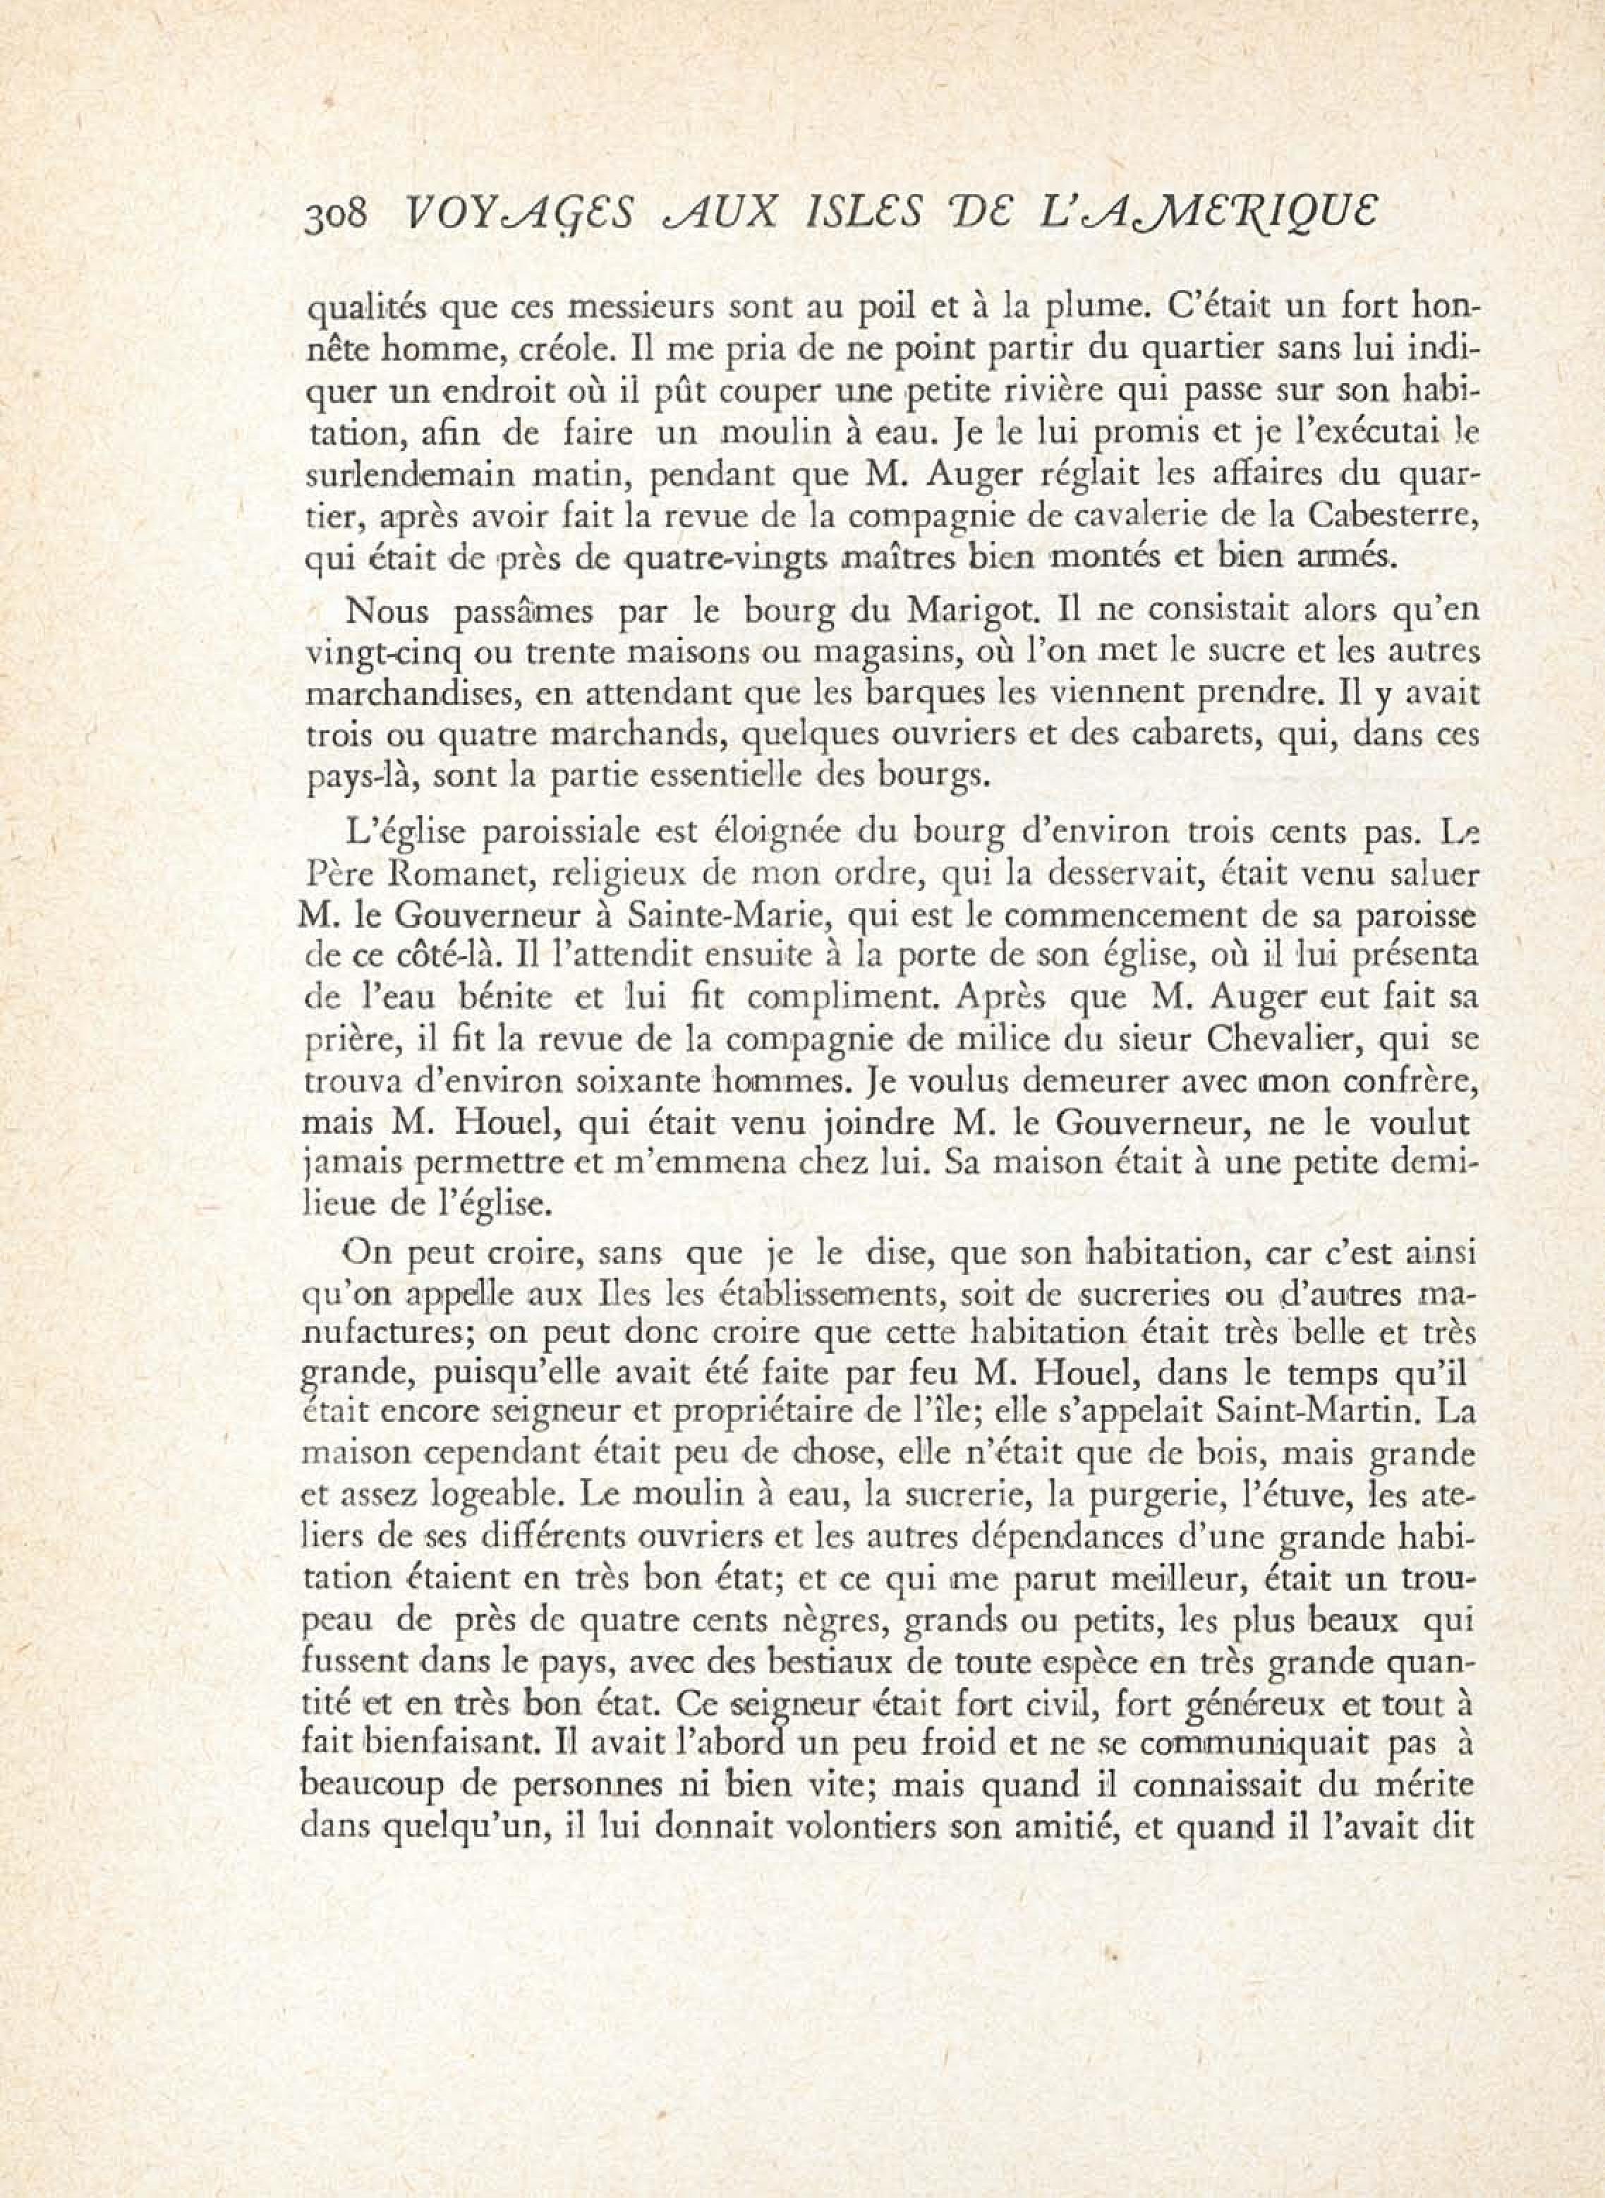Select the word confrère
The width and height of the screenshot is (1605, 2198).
[x=1407, y=1079]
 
